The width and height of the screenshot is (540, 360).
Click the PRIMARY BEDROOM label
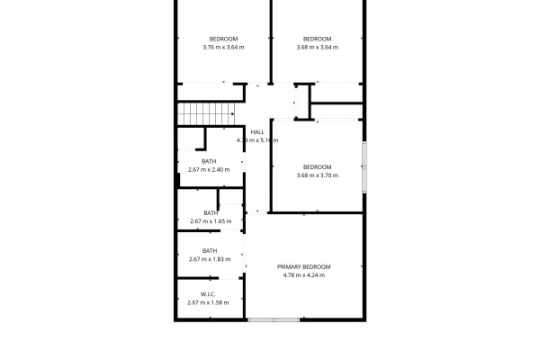[304, 267]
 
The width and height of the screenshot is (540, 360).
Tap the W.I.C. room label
[208, 294]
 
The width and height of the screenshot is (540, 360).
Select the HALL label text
[257, 132]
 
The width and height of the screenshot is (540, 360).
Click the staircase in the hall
[206, 114]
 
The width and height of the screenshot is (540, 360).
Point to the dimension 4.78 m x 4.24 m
[304, 275]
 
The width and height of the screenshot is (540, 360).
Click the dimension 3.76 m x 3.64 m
[223, 47]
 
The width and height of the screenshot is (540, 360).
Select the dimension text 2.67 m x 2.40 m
[209, 169]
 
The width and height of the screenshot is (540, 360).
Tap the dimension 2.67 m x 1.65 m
[211, 221]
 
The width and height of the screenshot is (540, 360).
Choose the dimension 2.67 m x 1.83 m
[210, 259]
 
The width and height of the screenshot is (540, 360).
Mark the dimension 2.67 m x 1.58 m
[208, 302]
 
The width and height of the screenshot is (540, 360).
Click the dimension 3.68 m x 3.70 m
[317, 175]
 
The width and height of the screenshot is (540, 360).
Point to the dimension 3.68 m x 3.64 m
[317, 47]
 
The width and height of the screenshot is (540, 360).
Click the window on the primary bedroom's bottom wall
[274, 320]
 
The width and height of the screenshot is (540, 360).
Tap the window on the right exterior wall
[364, 167]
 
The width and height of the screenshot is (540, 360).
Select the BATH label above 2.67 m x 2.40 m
[209, 161]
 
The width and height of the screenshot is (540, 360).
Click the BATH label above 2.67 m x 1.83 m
[210, 251]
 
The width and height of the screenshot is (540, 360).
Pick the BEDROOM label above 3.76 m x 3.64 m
[223, 39]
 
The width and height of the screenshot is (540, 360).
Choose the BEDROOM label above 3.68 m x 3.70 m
[317, 167]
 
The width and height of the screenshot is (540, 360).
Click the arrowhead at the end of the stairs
[233, 113]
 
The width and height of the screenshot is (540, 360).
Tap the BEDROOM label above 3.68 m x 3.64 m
[317, 39]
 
